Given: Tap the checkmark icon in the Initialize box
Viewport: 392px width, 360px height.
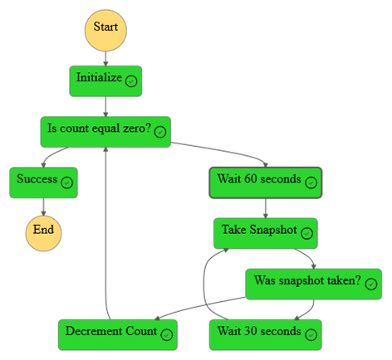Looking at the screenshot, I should (x=131, y=81).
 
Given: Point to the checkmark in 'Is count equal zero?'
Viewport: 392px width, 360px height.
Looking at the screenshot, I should (x=160, y=131).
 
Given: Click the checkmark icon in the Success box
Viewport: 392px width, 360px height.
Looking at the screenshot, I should (x=66, y=182).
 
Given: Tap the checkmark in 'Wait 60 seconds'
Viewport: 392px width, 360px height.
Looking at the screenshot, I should (x=310, y=182).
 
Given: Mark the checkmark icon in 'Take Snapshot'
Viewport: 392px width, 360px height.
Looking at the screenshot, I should (x=306, y=233).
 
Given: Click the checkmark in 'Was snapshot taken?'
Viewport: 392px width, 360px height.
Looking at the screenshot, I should (x=370, y=284).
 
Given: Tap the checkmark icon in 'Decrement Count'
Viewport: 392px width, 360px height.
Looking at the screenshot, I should (x=166, y=334).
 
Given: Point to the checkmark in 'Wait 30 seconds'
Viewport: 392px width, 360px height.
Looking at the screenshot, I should (x=311, y=334).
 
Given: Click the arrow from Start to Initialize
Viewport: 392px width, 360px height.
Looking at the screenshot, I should (x=105, y=58).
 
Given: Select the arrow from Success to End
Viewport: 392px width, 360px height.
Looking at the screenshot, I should (x=43, y=207).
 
